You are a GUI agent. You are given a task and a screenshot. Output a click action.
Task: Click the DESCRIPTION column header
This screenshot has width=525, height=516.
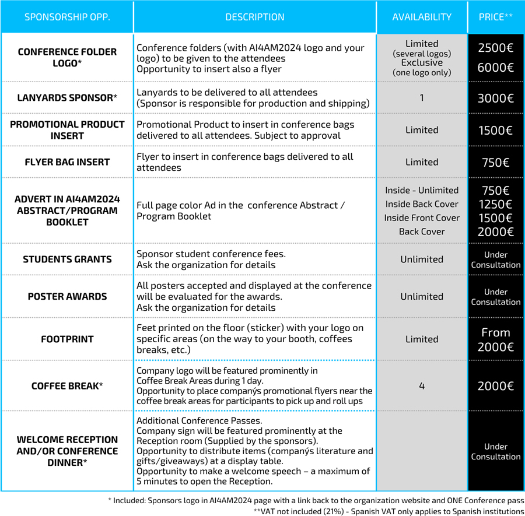point(255,17)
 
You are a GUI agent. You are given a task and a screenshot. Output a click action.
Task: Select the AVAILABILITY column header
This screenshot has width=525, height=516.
point(422,17)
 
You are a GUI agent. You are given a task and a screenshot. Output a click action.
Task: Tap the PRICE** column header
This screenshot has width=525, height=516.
point(495,17)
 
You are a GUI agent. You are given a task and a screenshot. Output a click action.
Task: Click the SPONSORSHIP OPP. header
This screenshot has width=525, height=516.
point(67,17)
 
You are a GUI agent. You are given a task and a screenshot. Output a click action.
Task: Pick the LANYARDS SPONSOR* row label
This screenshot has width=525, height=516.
point(67,97)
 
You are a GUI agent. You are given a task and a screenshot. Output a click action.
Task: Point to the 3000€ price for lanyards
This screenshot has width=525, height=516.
point(495,98)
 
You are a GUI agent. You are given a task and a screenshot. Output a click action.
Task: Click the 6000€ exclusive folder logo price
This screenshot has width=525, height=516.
point(495,68)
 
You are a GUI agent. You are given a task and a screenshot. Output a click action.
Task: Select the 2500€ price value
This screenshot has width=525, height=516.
point(495,48)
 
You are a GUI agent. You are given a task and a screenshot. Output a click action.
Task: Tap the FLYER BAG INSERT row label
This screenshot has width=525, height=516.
point(67,162)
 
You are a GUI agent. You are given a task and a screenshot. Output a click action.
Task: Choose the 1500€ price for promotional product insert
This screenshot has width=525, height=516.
point(495,130)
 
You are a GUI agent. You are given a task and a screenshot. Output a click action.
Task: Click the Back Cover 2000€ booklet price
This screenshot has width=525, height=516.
point(495,232)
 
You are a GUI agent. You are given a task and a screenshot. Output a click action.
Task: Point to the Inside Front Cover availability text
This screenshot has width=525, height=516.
point(422,218)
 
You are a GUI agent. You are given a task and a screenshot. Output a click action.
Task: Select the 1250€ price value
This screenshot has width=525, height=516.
point(495,204)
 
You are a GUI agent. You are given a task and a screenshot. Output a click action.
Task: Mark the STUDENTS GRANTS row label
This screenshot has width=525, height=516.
point(67,259)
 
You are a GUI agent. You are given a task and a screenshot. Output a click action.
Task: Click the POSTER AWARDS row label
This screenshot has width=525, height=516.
point(67,296)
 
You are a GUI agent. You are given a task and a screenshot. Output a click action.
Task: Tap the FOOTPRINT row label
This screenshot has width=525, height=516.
point(67,339)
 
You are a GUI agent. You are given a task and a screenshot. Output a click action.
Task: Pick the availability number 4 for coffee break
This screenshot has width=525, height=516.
point(422,386)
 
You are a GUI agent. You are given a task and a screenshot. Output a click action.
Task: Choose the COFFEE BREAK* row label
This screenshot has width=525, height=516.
point(67,386)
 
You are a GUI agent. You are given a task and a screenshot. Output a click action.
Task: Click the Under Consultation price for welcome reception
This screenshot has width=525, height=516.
point(495,452)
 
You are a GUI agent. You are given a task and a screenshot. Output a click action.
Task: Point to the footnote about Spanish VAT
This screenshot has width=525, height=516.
point(388,511)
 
